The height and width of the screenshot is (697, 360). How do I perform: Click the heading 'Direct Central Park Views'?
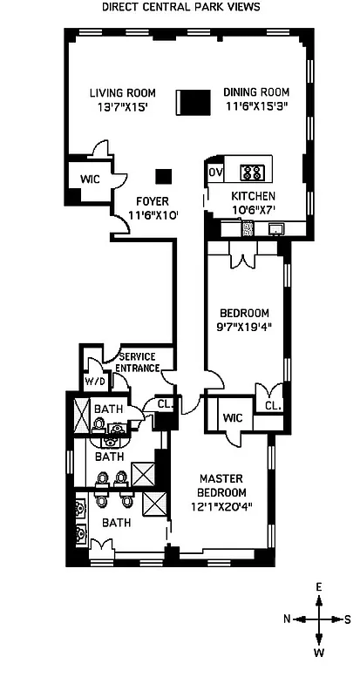click(x=180, y=7)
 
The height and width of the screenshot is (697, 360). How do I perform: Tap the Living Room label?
click(x=122, y=92)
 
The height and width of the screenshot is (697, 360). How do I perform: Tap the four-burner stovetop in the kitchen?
click(x=253, y=172)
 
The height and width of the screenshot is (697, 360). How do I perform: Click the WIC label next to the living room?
click(x=89, y=179)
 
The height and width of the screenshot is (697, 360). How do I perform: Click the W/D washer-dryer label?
click(x=95, y=381)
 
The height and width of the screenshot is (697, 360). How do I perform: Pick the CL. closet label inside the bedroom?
click(x=272, y=404)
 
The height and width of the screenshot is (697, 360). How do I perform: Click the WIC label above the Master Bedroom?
click(x=230, y=416)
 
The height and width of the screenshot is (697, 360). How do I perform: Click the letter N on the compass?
click(x=288, y=619)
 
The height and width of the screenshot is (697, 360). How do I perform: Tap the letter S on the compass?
click(x=347, y=619)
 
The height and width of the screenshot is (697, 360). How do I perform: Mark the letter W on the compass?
click(x=319, y=651)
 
